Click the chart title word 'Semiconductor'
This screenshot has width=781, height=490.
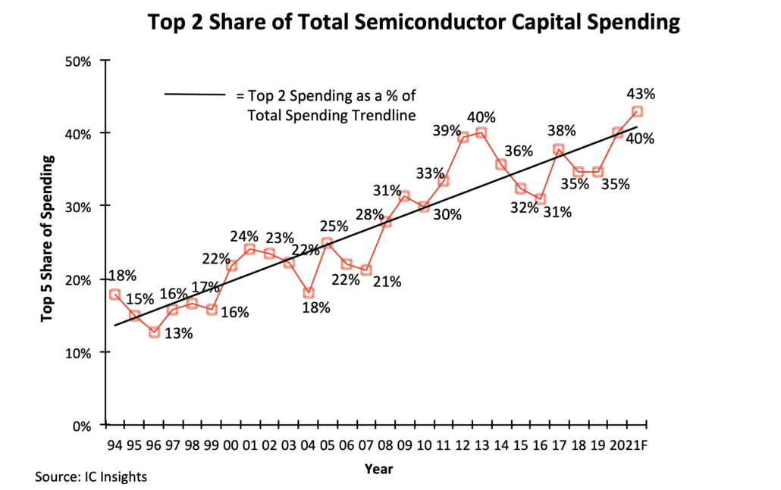[x=420, y=23]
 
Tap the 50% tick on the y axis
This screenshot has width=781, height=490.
[x=79, y=61]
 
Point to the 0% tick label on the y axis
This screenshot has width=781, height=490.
[x=82, y=426]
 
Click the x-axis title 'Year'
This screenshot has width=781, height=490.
[x=378, y=470]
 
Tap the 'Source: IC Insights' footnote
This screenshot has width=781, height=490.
[x=90, y=477]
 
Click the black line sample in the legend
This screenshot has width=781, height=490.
[x=195, y=95]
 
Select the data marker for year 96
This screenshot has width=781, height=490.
[x=154, y=332]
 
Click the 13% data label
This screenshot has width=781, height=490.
[x=179, y=334]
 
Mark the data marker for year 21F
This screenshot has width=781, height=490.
[x=638, y=111]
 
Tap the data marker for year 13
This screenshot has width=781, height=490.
[x=481, y=133]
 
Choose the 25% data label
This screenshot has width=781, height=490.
[x=334, y=226]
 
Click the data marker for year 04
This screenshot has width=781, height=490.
[x=309, y=293]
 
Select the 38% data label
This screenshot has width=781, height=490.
[x=563, y=130]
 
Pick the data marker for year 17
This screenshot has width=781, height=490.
[x=559, y=149]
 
